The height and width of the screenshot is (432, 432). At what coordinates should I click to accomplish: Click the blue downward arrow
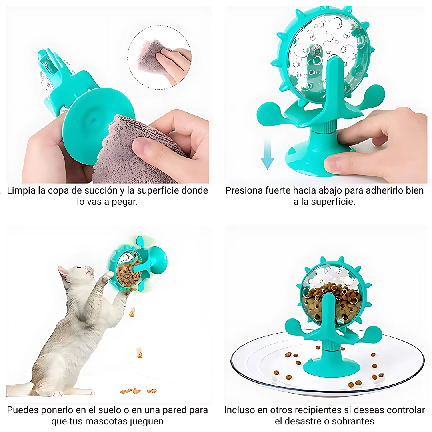tap(267, 154)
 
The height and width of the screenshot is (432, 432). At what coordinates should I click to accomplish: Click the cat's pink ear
tap(63, 272)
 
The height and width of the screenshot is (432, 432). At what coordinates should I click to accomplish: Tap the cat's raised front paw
tap(108, 275)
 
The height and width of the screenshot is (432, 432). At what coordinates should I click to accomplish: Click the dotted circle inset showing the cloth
tap(160, 57)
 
